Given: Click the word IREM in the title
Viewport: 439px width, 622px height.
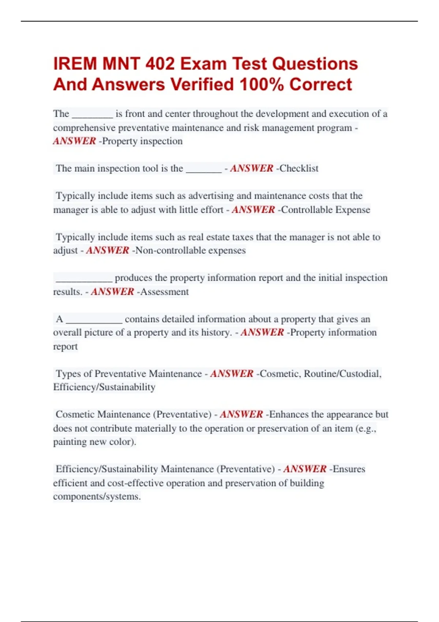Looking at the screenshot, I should coord(75,64).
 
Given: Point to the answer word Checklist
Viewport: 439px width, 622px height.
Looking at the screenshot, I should coord(299,168).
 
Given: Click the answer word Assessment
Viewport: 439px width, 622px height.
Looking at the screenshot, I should coord(165,292).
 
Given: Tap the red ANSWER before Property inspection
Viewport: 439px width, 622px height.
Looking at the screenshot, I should coord(74,141).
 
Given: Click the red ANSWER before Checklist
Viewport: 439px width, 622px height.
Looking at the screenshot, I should coord(251,168).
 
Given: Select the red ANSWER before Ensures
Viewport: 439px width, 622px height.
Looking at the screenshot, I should coord(305,469).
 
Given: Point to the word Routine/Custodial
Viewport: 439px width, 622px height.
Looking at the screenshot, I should coord(342,374).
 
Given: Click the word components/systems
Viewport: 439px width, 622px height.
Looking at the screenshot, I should coord(97,497).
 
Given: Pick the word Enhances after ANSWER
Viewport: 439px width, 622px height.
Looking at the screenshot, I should coord(289,414).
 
